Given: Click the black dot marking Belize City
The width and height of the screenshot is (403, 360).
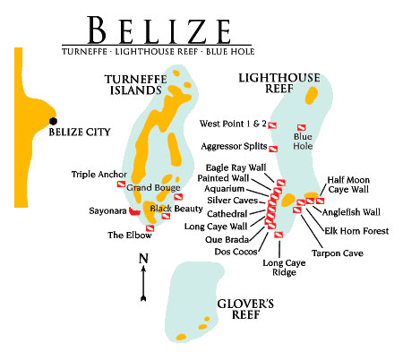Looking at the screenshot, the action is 53,121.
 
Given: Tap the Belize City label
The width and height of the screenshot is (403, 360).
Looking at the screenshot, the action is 80,132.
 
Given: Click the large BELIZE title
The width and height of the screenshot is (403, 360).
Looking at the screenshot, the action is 159,30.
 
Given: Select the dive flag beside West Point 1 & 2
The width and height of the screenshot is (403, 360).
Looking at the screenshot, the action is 272,125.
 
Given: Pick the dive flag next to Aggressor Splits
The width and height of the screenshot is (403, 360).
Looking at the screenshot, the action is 273,149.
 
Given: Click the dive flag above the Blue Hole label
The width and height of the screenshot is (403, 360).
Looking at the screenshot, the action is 301,128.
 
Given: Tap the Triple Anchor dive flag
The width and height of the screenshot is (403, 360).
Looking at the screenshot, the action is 121,184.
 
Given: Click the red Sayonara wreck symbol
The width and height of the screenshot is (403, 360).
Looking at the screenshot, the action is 134,211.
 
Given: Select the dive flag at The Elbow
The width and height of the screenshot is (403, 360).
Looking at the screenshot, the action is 150,228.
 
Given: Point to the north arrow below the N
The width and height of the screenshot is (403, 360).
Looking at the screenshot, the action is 143,284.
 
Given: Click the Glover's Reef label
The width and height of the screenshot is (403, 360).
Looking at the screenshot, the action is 245,309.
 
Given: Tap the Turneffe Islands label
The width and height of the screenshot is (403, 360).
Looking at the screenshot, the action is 136,85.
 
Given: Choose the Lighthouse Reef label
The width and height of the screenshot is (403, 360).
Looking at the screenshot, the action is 279,83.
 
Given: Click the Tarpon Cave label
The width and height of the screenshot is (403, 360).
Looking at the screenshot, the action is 338,253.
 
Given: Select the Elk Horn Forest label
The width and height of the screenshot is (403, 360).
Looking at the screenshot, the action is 356,231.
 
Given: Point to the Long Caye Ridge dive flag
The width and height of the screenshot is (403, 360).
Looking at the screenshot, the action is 279,235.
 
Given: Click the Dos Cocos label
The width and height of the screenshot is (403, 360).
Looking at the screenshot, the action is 236,252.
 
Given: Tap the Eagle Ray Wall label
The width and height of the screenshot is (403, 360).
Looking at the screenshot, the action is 236,167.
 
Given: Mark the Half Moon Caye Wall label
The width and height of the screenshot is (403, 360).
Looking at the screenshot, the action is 348,184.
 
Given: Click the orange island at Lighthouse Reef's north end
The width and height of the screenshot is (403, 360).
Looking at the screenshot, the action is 312,95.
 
